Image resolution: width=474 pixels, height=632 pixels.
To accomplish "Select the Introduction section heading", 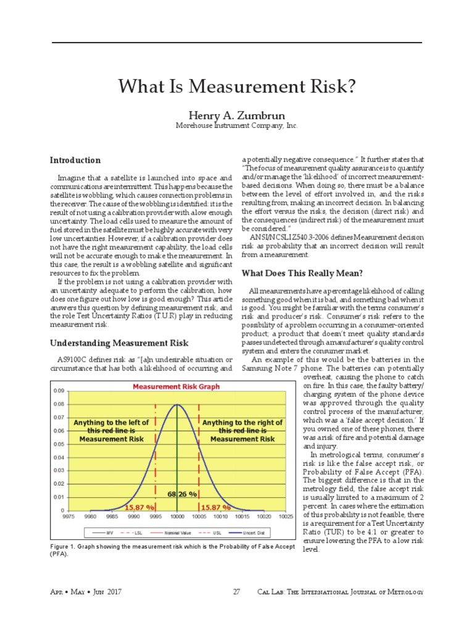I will pos(75,160).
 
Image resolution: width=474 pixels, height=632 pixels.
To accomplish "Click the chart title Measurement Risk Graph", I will pos(177,387).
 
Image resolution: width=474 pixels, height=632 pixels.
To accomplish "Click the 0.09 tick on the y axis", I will pos(59,391).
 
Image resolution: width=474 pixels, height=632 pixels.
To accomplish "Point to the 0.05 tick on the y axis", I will pos(59,444).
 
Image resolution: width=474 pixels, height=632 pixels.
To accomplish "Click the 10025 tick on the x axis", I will pos(285,516).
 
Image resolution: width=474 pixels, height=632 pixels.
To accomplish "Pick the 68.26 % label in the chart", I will pos(182,494).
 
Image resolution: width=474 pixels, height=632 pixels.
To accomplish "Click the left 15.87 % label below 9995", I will pos(140,507).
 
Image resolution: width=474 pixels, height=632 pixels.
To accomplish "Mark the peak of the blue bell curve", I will pos(177,405).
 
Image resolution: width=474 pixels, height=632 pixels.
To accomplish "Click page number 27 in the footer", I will pos(236,592).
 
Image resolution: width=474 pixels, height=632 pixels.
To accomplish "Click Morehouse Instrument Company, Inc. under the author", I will pos(236,125).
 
